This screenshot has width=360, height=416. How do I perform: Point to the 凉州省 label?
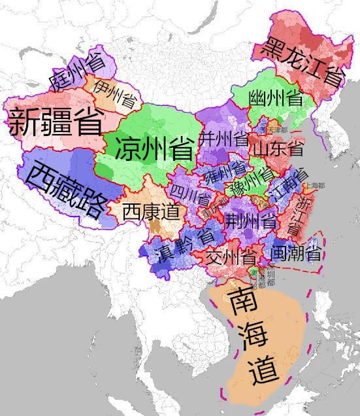pos(154,148)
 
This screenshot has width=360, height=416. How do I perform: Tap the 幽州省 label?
pos(275,99)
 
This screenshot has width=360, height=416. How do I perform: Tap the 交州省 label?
pos(231,256)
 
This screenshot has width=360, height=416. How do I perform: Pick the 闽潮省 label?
pos(295,253)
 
